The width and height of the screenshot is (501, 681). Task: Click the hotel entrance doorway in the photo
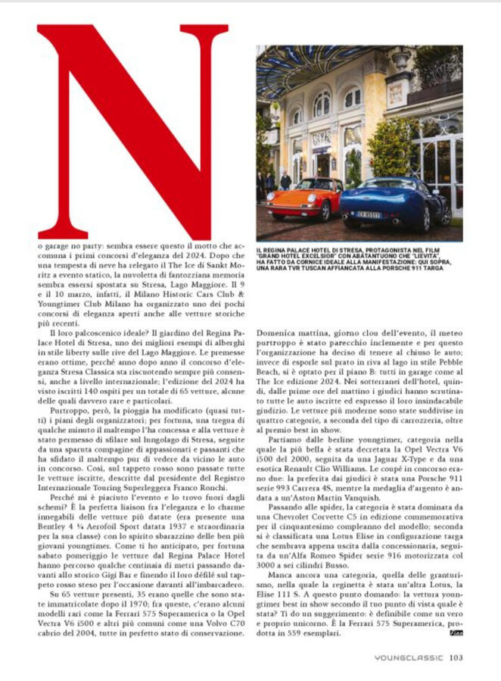point(323,163)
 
